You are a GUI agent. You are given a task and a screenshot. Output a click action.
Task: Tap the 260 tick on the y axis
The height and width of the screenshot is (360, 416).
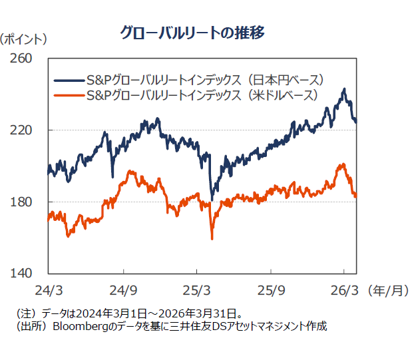[22, 58]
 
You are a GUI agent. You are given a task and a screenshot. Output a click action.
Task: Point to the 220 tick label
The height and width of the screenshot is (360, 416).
[22, 130]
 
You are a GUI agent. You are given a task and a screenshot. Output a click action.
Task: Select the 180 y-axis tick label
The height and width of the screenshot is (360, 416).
[22, 202]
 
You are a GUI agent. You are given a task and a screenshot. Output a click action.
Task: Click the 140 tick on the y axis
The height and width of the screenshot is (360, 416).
[22, 273]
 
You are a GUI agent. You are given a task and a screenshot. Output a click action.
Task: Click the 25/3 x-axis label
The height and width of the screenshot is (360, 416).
[196, 291]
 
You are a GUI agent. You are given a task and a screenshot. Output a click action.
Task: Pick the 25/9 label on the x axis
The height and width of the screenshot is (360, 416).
[271, 291]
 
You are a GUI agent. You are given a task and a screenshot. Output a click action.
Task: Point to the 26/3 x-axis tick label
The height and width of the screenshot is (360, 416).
[344, 291]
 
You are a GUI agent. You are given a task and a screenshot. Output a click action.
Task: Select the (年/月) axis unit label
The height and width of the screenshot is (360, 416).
[389, 291]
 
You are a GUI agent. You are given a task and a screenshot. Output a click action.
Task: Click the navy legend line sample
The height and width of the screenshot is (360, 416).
[69, 80]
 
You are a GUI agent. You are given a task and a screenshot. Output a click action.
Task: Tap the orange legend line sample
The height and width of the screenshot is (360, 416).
[69, 95]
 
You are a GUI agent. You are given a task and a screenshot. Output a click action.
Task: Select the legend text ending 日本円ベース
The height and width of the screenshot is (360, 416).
[206, 80]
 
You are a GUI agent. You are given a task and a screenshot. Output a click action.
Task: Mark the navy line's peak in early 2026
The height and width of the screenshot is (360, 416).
[344, 89]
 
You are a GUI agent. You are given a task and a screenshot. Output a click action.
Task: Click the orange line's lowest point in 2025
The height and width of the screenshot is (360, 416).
[212, 238]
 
